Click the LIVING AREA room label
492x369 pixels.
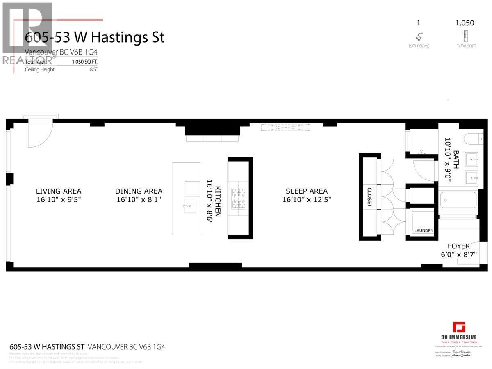59,191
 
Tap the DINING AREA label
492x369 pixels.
139,191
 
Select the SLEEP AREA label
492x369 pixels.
307,191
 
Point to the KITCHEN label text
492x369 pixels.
218,200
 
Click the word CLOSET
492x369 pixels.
369,198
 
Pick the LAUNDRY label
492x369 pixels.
424,230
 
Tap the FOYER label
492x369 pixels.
458,246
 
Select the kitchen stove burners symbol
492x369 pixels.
238,198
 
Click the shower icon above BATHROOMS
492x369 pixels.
419,36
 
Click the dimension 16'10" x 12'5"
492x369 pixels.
307,200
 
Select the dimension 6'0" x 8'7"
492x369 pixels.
458,255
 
